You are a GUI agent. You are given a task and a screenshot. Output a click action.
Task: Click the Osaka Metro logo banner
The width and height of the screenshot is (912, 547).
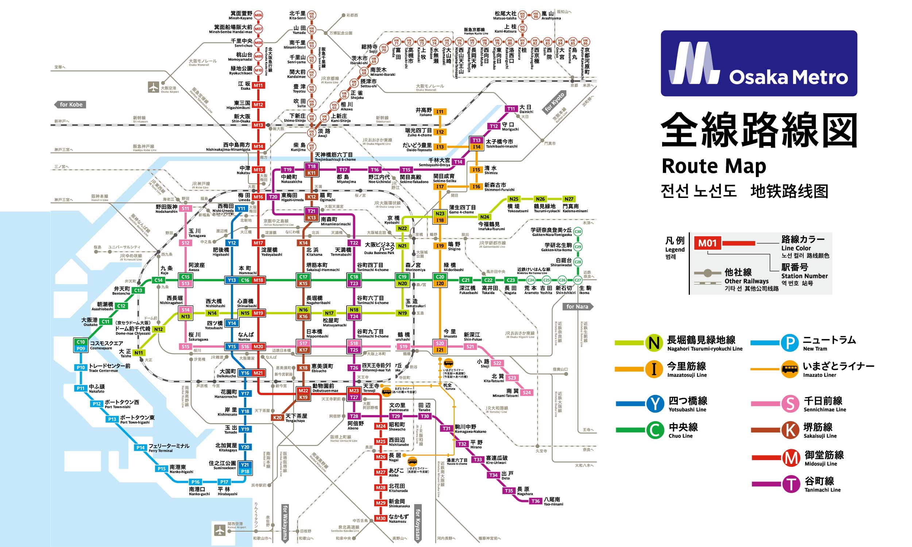(x=759, y=63)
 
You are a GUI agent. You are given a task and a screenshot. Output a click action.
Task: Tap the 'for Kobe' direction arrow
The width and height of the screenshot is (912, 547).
(x=70, y=105)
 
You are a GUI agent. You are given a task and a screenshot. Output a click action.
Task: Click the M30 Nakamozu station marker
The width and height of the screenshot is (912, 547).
(x=380, y=518)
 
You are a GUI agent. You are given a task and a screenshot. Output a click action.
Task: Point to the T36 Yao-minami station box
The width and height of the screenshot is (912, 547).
(x=535, y=501)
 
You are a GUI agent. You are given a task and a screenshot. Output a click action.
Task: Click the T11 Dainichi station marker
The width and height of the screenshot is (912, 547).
(x=511, y=109)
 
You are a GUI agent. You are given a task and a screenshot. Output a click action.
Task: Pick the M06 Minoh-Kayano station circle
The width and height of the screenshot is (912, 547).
(x=258, y=15)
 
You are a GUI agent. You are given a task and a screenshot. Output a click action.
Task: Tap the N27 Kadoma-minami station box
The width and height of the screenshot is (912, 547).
(x=569, y=199)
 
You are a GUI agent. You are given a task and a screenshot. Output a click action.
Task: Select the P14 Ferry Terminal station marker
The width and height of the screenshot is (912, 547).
(x=140, y=447)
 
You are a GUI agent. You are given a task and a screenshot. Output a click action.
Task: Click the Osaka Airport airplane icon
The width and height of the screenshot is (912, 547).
(x=153, y=88)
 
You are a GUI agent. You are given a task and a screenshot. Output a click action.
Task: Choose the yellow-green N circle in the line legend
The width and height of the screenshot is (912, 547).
(x=654, y=343)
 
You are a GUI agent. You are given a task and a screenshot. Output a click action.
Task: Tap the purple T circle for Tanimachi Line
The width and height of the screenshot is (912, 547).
(x=791, y=484)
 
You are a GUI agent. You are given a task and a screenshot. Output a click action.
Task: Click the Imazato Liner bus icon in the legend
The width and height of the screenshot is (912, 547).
(x=790, y=369)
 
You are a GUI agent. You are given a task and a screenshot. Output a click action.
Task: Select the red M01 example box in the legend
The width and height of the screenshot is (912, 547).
(x=707, y=243)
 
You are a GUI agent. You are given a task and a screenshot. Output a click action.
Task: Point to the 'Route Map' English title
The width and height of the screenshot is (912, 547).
(x=714, y=166)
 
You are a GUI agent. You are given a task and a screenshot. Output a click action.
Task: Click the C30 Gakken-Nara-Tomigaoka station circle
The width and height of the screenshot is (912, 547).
(x=577, y=232)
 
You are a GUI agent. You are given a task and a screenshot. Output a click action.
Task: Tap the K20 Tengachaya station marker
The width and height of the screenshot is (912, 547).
(x=277, y=418)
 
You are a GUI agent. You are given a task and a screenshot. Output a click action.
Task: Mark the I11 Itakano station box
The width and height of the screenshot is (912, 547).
(x=440, y=112)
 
